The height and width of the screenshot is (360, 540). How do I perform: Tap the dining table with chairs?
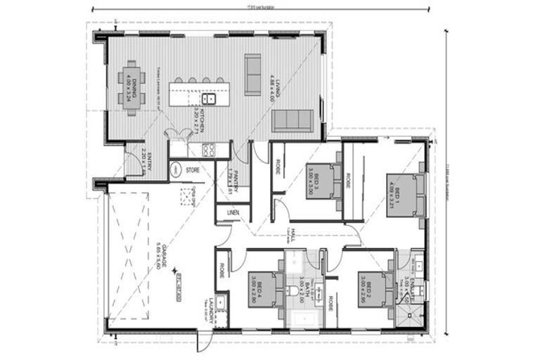(x=131, y=85)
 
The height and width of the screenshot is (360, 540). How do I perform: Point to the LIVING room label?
(x=276, y=85)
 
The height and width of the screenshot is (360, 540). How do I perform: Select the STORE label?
(x=193, y=170)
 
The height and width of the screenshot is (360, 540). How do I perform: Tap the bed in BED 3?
(x=321, y=180)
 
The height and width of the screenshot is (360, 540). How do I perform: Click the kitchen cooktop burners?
(x=209, y=148)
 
